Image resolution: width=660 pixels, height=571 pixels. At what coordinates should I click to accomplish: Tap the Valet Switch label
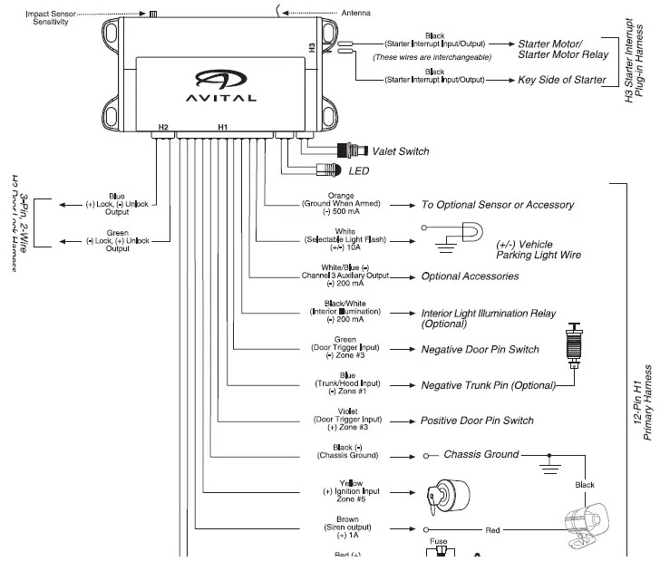(x=400, y=151)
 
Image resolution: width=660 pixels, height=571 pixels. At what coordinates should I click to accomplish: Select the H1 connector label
(x=223, y=128)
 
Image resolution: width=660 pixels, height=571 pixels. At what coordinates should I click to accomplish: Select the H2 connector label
(x=163, y=128)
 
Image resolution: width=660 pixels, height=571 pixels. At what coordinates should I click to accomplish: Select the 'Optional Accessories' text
(x=470, y=276)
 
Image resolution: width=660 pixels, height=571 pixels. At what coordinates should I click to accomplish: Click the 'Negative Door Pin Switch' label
(x=480, y=349)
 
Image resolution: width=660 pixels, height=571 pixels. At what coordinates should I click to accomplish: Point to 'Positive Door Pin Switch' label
(x=477, y=421)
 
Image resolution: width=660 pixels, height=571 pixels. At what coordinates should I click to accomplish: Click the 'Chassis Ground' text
(x=480, y=454)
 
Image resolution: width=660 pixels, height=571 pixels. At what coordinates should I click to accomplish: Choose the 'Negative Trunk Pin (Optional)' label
(x=488, y=385)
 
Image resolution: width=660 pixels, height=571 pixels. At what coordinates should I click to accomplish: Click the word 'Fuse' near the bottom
(x=439, y=543)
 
